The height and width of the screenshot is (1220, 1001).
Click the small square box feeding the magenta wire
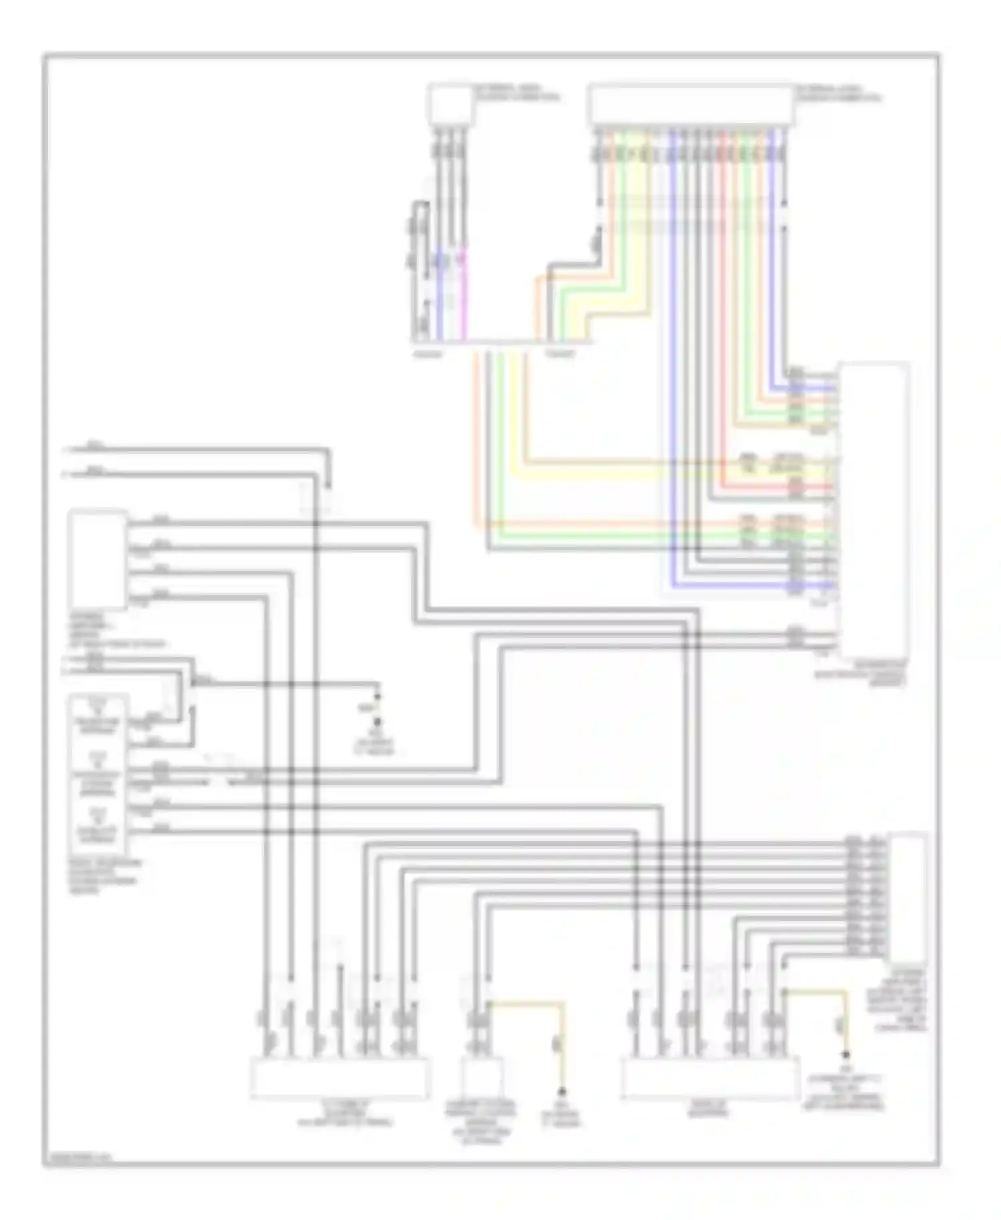450,103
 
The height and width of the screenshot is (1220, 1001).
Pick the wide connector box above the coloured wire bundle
691,105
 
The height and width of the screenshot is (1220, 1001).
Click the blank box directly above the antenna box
97,559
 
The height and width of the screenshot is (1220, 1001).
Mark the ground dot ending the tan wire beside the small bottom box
563,1091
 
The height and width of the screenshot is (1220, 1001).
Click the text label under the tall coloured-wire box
860,673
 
